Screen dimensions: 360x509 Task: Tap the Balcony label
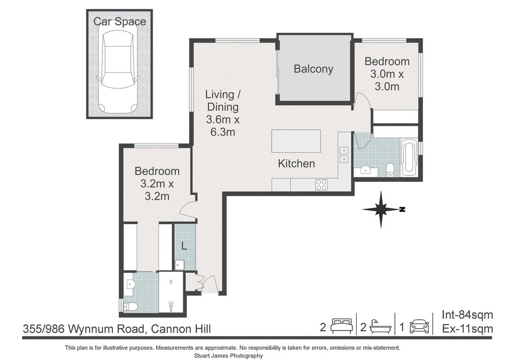(x=313, y=69)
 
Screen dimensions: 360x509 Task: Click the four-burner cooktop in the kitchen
(x=322, y=185)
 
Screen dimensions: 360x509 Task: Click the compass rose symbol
(x=381, y=209)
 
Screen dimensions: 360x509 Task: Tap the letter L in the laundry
(x=184, y=246)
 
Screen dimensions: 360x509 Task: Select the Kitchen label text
(x=296, y=163)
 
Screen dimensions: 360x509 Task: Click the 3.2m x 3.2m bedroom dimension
(x=157, y=190)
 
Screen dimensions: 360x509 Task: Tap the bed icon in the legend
(x=342, y=326)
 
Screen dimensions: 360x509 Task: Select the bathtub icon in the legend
(x=380, y=326)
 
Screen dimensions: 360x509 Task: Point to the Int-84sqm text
(x=467, y=315)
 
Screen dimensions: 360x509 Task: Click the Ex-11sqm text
(x=467, y=329)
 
